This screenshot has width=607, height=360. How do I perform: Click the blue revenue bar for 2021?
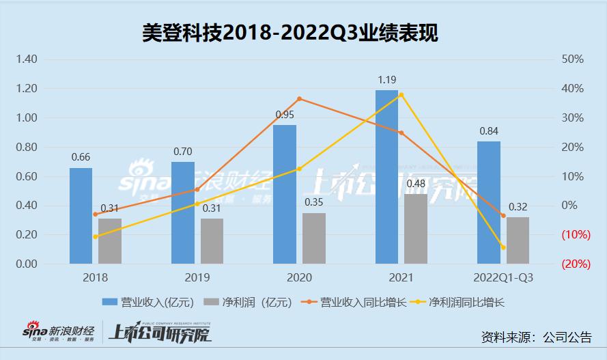386,177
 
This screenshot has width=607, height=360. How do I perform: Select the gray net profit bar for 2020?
313,238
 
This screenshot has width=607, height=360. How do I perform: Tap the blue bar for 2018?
81,216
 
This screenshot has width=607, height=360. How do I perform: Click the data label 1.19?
387,80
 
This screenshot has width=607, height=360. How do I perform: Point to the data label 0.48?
416,184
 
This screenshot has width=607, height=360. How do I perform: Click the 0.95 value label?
285,115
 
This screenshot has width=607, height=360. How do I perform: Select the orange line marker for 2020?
299,99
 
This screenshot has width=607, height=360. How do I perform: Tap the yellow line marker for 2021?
401,94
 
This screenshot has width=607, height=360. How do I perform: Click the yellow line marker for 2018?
95,236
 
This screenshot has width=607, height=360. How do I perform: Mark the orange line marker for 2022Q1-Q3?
503,216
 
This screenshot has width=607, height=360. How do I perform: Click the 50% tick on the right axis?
572,59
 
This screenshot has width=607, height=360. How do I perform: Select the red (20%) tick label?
576,264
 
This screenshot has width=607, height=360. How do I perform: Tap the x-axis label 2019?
197,278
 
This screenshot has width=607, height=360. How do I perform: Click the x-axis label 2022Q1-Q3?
503,278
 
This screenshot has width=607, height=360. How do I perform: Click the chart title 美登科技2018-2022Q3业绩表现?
290,31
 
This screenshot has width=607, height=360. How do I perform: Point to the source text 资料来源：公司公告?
536,337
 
